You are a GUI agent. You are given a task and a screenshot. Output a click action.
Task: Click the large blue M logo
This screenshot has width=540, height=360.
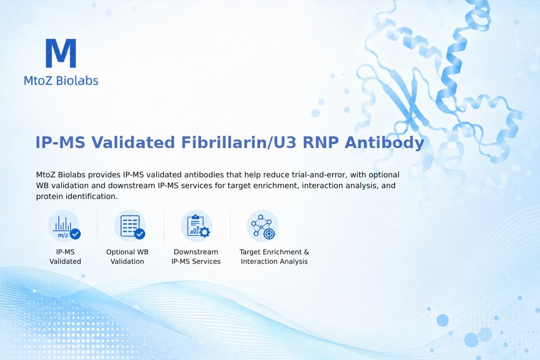pos(61,53)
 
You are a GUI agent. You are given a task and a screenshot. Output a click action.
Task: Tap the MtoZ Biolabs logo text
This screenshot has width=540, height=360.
pos(61,81)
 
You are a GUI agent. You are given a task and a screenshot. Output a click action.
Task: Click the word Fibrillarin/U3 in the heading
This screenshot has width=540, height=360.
pos(238,142)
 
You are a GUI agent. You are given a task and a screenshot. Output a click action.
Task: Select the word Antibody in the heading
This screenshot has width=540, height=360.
pos(384,143)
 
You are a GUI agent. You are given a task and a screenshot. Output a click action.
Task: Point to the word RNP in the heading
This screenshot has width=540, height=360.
pos(320,142)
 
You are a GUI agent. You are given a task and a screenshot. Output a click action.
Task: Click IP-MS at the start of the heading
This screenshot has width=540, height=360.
pos(60,142)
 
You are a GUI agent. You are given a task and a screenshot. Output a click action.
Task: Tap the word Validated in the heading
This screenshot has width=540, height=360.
pos(133,142)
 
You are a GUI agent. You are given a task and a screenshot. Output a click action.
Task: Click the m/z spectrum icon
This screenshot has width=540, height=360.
pos(64,226)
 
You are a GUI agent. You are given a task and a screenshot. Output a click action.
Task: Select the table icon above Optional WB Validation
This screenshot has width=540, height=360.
pos(130,226)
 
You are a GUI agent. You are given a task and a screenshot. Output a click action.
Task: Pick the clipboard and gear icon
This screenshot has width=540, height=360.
pos(197,226)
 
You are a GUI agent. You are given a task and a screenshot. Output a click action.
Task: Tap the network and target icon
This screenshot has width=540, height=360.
pos(263,226)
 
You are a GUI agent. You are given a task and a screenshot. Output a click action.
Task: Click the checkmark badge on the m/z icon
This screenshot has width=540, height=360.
pos(75,234)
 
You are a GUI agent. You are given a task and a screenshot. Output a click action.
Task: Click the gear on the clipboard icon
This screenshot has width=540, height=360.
pos(205,232)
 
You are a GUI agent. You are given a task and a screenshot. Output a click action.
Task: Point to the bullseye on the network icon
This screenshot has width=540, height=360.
pos(269,234)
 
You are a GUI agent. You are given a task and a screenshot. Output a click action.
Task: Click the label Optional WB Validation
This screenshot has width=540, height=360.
pos(127,256)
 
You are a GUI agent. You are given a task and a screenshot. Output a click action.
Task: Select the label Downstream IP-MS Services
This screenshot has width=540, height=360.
pos(196,256)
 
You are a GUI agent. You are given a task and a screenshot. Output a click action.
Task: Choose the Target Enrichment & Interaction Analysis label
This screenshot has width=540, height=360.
pos(274,256)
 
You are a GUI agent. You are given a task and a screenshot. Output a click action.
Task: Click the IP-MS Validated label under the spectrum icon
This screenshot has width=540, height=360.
pos(65,256)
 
